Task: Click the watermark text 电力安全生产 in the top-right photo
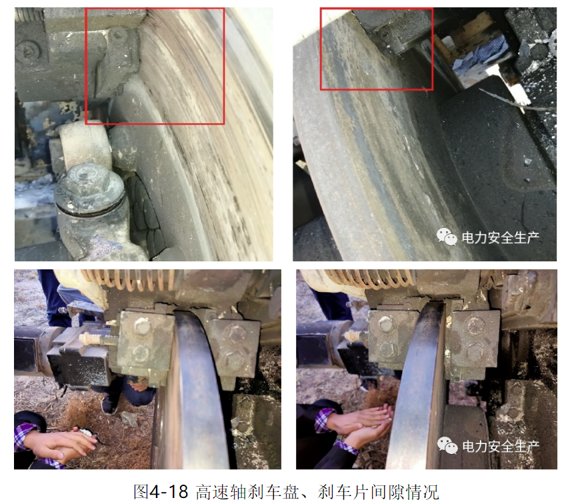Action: coord(500,237)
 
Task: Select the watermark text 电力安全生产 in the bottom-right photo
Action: coord(500,445)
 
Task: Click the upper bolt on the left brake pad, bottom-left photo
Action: coord(142,326)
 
